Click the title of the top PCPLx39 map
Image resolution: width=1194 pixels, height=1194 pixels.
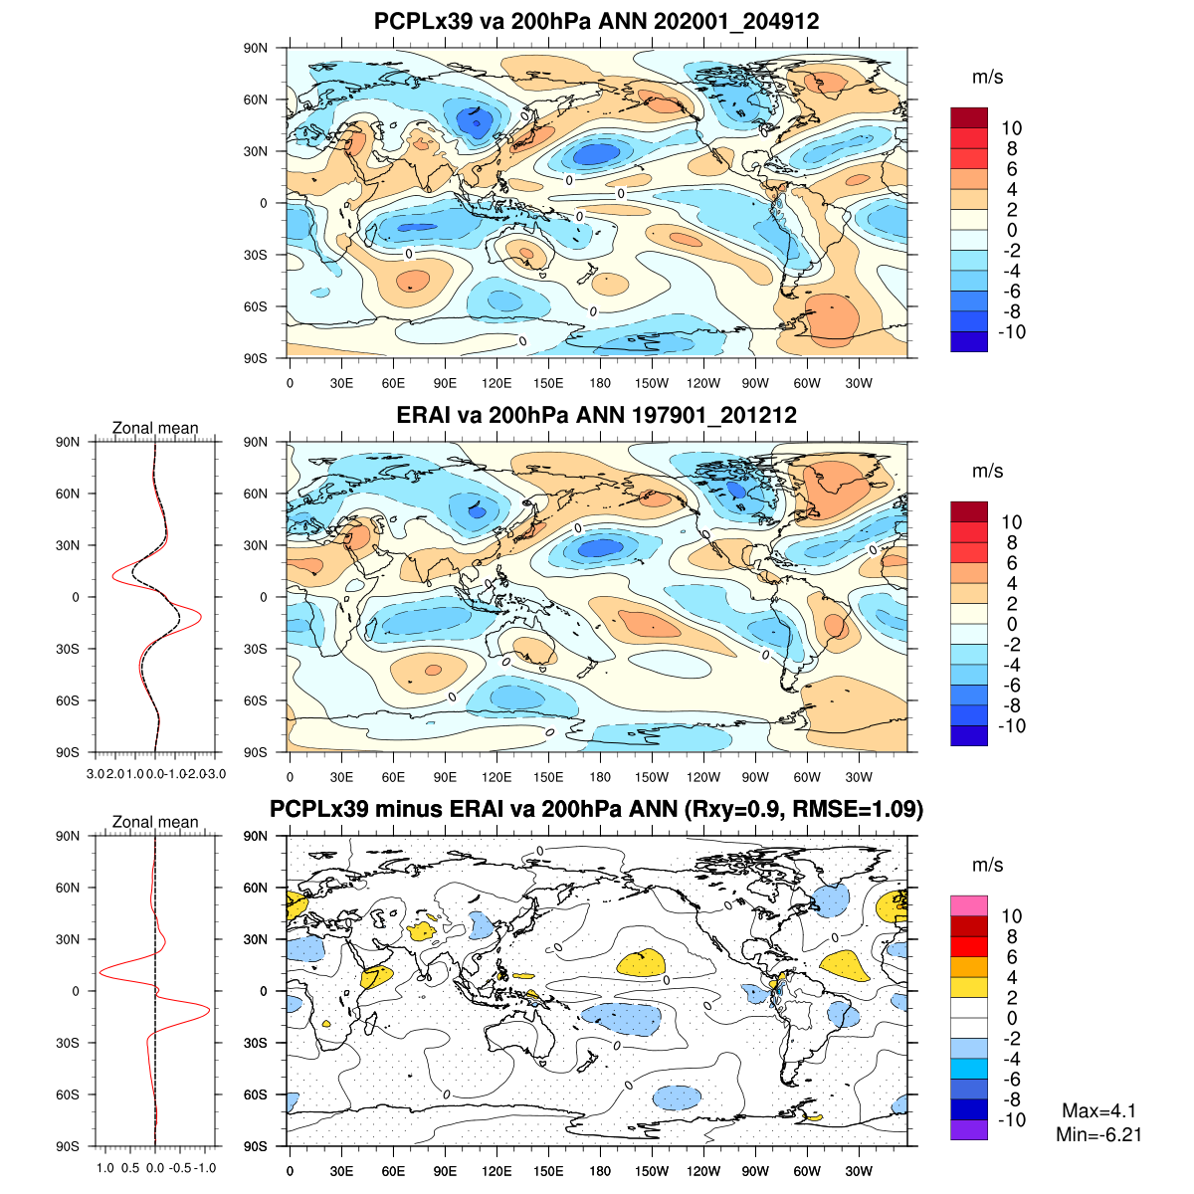(596, 21)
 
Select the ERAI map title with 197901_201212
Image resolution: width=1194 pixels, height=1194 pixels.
(596, 415)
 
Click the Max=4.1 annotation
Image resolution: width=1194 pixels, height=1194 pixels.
(1098, 1111)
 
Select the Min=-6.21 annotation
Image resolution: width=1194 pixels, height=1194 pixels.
(1098, 1134)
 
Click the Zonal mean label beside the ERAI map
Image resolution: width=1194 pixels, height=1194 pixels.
(155, 428)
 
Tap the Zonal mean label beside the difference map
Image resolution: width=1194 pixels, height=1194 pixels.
(155, 822)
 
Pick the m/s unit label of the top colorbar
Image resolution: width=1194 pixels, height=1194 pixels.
(987, 78)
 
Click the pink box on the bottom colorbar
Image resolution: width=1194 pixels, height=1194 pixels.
(969, 905)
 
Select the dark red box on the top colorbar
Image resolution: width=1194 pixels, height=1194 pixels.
(969, 117)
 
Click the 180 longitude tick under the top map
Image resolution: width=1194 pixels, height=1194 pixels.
(600, 383)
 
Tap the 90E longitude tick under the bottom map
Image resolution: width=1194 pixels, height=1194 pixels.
(445, 1171)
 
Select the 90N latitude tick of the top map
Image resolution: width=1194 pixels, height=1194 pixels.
(257, 48)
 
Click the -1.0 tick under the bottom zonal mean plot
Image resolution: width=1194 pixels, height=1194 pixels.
(205, 1168)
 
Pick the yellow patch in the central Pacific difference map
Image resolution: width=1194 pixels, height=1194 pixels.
(642, 962)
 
